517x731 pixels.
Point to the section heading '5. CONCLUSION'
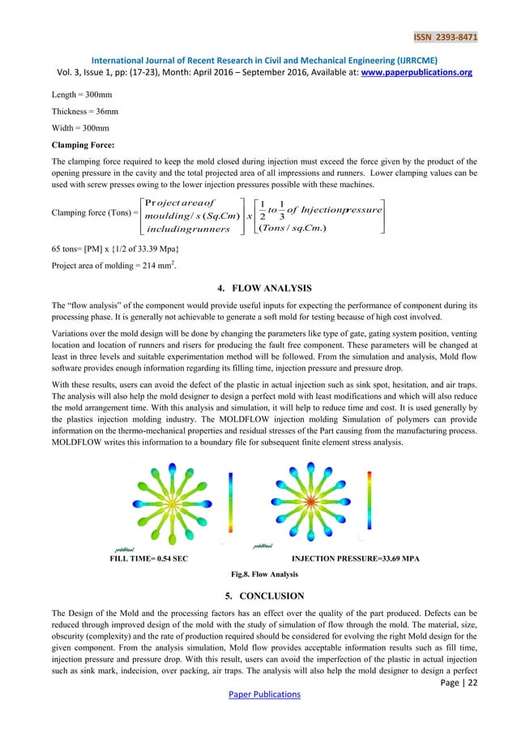click(x=258, y=596)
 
